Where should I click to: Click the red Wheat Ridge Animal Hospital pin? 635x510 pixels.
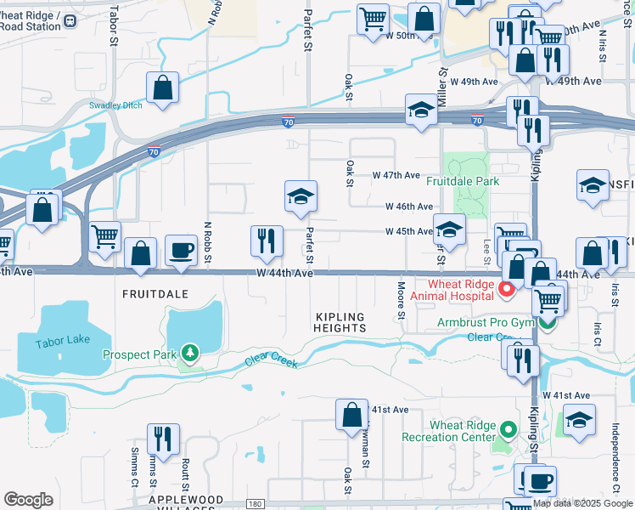507,291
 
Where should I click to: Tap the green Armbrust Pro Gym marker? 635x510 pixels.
549,323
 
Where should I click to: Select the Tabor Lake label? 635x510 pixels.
62,343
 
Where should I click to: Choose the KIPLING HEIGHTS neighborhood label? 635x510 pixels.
340,321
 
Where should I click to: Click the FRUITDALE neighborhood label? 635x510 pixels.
155,292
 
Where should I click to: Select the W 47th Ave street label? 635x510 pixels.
396,175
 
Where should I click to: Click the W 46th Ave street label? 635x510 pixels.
409,207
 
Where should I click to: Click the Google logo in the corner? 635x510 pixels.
28,499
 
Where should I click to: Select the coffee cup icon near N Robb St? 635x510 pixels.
181,250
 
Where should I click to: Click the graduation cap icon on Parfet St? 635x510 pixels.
301,196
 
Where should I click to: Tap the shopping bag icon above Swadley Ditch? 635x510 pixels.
162,88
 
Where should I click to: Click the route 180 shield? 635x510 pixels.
255,504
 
